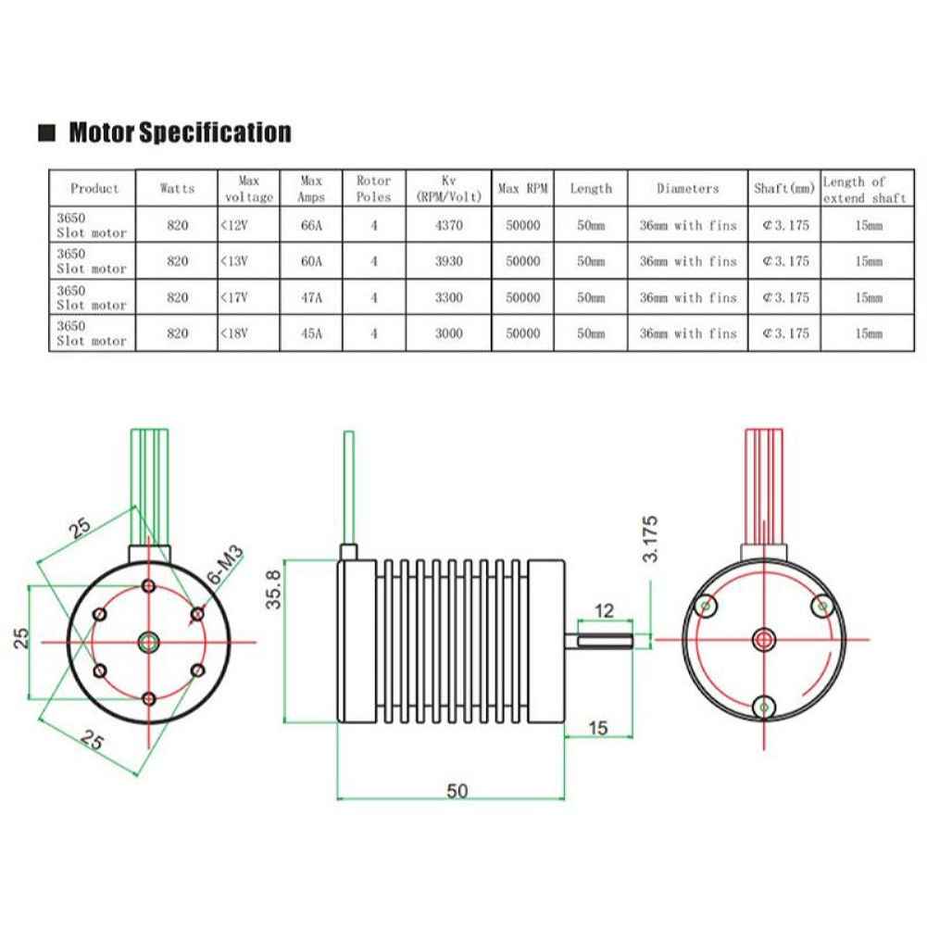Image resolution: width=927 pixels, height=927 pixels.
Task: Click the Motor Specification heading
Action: coord(180,132)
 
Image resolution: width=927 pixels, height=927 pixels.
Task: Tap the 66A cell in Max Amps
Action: coord(311,225)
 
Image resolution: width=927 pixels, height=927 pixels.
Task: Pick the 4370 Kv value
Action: coord(447,225)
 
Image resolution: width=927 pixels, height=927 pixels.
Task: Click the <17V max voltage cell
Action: coord(246,297)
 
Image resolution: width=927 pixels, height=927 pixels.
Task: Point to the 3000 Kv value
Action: coord(447,333)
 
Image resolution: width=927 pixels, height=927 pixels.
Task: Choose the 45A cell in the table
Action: coord(311,333)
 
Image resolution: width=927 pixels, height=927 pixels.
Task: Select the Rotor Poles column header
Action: coord(373,188)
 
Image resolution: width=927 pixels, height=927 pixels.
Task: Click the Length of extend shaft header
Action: coord(865,189)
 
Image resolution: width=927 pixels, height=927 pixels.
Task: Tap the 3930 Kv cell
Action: coord(447,261)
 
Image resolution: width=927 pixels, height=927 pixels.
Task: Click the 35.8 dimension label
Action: coord(272,589)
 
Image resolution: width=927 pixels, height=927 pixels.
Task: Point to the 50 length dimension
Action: coord(457,790)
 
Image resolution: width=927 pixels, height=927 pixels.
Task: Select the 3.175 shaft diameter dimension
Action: coord(651,539)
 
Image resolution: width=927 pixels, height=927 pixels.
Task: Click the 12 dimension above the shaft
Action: coord(605,610)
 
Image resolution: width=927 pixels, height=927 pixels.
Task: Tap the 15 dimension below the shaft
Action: coord(597,729)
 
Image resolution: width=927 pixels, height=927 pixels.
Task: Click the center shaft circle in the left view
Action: coord(148,640)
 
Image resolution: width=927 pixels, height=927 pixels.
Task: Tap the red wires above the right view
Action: coord(765,491)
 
